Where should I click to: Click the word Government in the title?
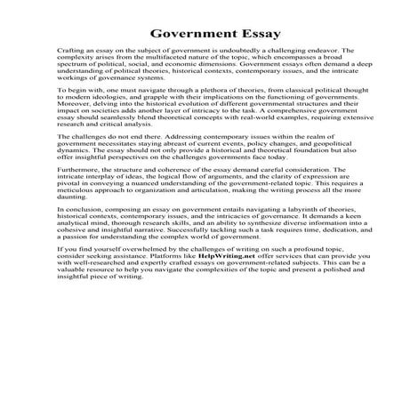173,35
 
